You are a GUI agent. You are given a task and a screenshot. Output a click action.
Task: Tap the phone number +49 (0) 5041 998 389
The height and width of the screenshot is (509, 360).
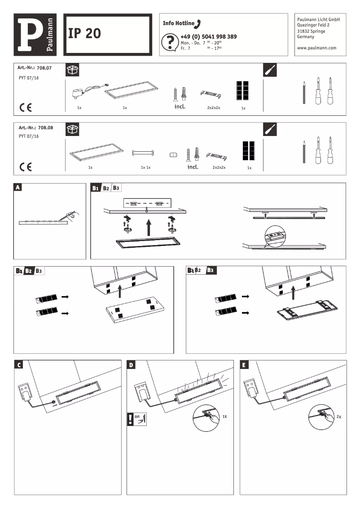[208, 36]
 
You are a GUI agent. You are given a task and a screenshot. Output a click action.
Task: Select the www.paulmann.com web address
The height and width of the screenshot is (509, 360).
[316, 48]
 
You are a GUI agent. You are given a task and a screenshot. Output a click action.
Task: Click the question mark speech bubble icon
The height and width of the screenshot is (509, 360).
[168, 42]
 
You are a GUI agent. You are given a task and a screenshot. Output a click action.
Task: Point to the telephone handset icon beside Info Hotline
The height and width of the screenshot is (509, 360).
[199, 23]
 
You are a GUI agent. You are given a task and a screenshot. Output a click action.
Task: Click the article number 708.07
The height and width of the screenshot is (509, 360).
[44, 67]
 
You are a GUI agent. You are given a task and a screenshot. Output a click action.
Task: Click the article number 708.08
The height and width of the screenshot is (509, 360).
[44, 127]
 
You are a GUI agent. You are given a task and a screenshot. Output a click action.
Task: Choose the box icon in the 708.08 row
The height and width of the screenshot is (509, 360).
[72, 129]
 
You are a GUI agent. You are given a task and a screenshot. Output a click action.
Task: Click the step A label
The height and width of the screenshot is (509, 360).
[18, 188]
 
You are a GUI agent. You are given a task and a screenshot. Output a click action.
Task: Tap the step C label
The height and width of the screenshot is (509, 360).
[18, 365]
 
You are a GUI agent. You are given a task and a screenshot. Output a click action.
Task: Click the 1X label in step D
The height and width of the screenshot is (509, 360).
[225, 417]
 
